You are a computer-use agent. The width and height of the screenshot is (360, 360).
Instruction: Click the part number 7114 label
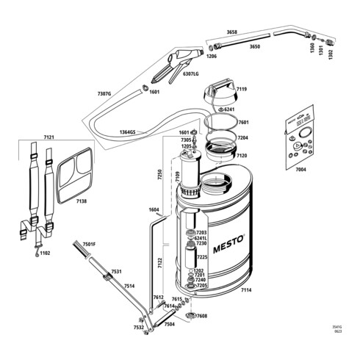click(x=246, y=291)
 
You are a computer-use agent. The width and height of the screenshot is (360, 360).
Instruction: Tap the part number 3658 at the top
click(x=232, y=32)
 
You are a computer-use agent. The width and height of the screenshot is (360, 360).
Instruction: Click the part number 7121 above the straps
click(x=49, y=137)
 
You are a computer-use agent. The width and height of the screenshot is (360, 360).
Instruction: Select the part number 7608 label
click(x=202, y=316)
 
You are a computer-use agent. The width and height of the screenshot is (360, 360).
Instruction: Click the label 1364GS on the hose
click(x=126, y=132)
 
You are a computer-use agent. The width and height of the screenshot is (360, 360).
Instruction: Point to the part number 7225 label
click(x=202, y=257)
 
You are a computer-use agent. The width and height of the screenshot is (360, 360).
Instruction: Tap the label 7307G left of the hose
click(x=104, y=93)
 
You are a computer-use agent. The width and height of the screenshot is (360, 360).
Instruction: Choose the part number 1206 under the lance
click(x=212, y=56)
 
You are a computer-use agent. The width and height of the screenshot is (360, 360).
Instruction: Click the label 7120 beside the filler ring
click(x=243, y=156)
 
